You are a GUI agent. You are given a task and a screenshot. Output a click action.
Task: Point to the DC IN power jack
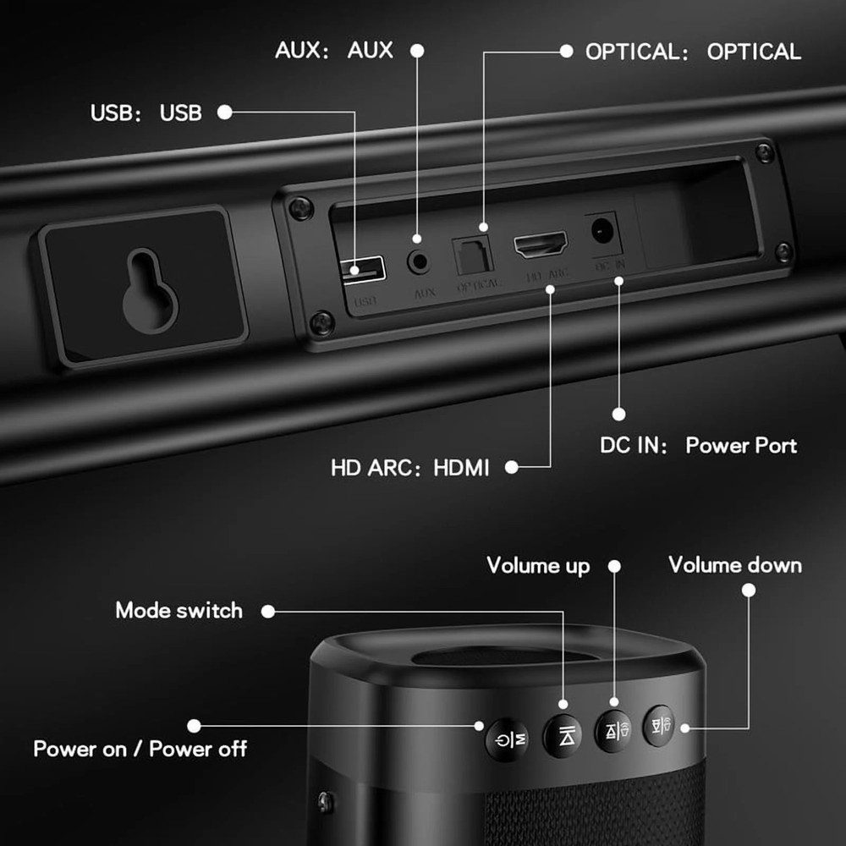602,230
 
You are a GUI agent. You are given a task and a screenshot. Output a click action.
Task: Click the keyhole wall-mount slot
150,289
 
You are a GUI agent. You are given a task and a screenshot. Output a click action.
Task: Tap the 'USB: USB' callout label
146,113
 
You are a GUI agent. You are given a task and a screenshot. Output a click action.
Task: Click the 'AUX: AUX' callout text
334,50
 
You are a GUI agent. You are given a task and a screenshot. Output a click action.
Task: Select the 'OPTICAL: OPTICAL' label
693,52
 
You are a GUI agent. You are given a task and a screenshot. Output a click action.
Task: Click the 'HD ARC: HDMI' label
410,467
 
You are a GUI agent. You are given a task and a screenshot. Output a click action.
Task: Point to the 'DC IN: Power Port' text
699,445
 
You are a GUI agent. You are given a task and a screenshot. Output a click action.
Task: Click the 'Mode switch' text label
179,610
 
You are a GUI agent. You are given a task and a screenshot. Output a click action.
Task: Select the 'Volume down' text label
735,564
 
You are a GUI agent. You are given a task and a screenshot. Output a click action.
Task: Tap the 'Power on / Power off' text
140,749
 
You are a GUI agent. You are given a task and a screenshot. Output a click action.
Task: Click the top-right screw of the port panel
765,153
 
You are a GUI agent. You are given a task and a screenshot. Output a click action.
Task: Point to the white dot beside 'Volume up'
615,565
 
